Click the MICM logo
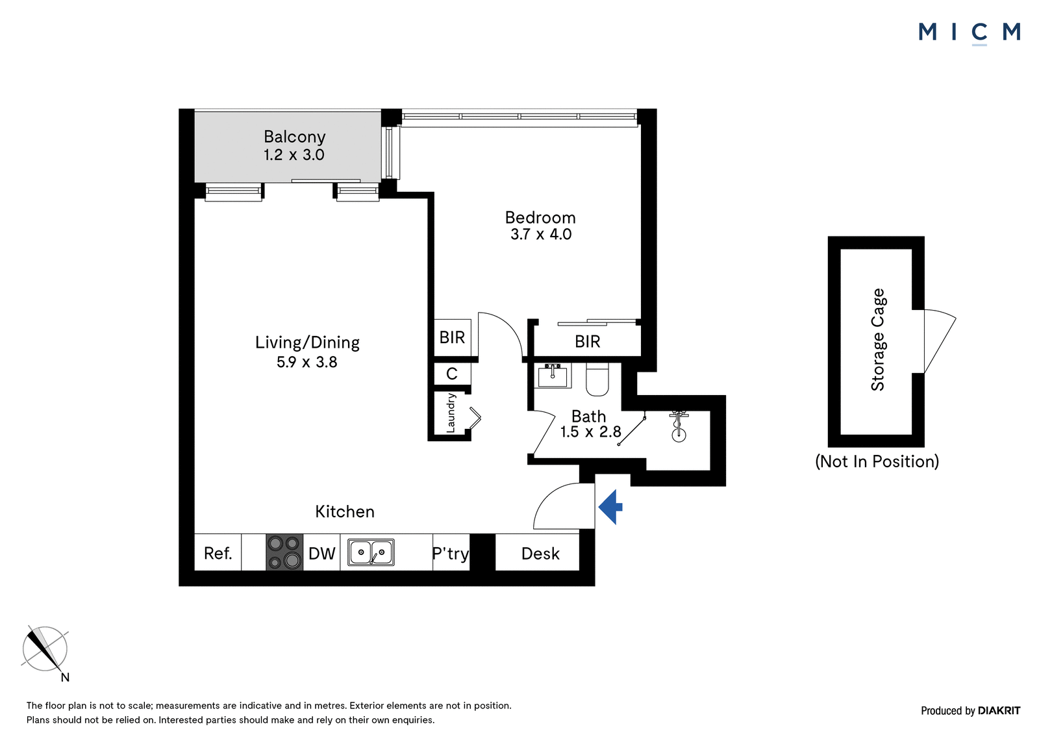(970, 32)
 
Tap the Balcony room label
(295, 136)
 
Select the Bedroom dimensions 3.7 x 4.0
(541, 234)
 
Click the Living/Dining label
(307, 342)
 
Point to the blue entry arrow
(610, 507)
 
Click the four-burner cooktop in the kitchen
(284, 552)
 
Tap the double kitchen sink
(371, 552)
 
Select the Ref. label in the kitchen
(218, 553)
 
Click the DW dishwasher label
(322, 553)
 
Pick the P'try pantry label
(451, 554)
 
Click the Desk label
(540, 554)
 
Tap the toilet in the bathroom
(597, 380)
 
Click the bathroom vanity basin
(553, 375)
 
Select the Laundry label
(451, 413)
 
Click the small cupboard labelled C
(452, 374)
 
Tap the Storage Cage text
(878, 339)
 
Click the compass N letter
(65, 677)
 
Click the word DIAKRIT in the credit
(999, 710)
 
